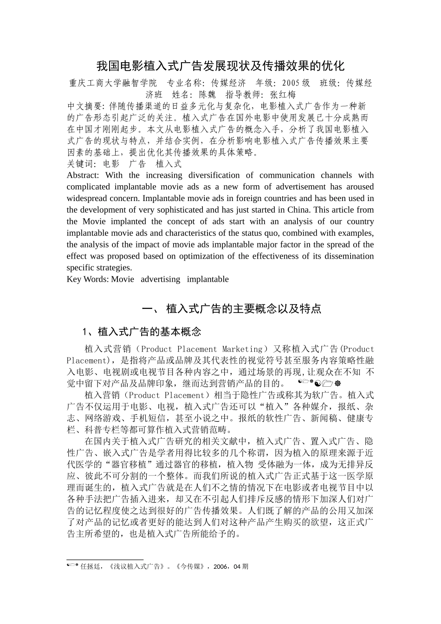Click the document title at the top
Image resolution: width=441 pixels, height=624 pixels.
pyautogui.click(x=220, y=65)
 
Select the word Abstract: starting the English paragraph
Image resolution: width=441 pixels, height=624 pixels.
pyautogui.click(x=83, y=175)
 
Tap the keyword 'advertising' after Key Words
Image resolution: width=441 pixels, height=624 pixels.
pyautogui.click(x=160, y=279)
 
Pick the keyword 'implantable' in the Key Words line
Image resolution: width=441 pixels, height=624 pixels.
pyautogui.click(x=208, y=279)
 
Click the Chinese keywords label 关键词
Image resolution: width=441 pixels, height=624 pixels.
pyautogui.click(x=79, y=163)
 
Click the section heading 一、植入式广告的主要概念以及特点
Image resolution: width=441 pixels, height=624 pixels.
pyautogui.click(x=231, y=309)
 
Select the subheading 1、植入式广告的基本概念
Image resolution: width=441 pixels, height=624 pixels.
pyautogui.click(x=142, y=331)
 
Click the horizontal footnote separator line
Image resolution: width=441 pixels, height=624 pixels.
pyautogui.click(x=105, y=560)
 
